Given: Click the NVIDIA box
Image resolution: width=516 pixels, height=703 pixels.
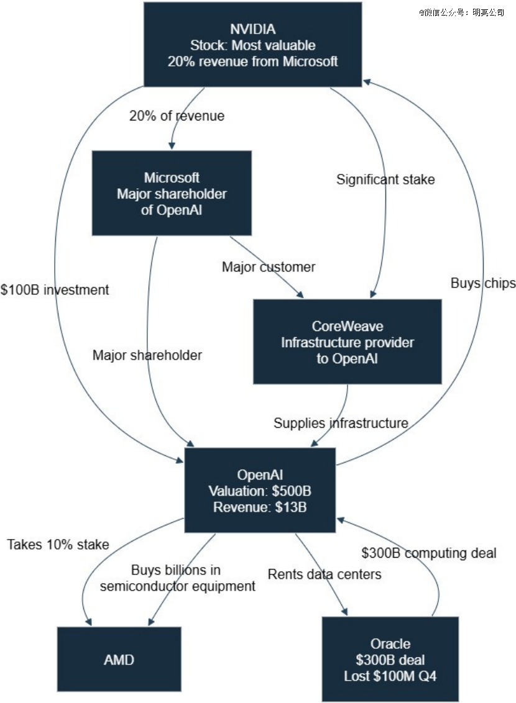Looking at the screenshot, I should click(x=252, y=44).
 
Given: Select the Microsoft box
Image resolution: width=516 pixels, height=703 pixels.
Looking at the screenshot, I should click(x=172, y=193).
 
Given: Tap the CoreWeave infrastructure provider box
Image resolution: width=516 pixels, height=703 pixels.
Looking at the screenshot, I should click(x=348, y=342).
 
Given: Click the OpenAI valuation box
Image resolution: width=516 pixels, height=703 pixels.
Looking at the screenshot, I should click(x=260, y=491).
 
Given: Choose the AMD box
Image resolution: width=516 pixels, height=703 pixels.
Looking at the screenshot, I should click(x=119, y=659).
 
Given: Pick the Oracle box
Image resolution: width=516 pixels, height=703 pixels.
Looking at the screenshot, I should click(x=390, y=659).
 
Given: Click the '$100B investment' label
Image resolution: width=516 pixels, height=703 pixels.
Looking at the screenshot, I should click(x=55, y=289).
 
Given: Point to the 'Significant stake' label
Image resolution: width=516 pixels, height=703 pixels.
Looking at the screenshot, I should click(x=385, y=179).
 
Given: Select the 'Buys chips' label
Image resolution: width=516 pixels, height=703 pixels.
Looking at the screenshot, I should click(x=483, y=283).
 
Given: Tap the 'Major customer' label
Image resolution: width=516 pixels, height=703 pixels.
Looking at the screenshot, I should click(x=269, y=267).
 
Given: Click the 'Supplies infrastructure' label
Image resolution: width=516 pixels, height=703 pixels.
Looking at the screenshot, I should click(x=341, y=424).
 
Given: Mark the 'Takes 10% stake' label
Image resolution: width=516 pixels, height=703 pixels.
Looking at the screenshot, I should click(x=58, y=545).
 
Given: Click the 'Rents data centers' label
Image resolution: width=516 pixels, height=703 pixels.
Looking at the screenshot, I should click(x=325, y=574).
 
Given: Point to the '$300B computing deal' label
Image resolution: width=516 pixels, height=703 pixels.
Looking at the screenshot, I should click(x=429, y=553).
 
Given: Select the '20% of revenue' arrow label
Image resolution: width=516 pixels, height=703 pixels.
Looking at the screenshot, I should click(x=177, y=116).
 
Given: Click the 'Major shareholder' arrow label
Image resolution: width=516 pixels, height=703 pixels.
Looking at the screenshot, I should click(x=147, y=355).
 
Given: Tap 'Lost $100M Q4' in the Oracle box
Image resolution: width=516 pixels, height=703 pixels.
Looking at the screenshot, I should click(x=390, y=676).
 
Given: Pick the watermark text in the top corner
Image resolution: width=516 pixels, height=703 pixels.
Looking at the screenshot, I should click(x=461, y=11).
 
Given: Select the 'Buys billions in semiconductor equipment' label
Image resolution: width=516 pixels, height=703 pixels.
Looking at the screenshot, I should click(x=177, y=578).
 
